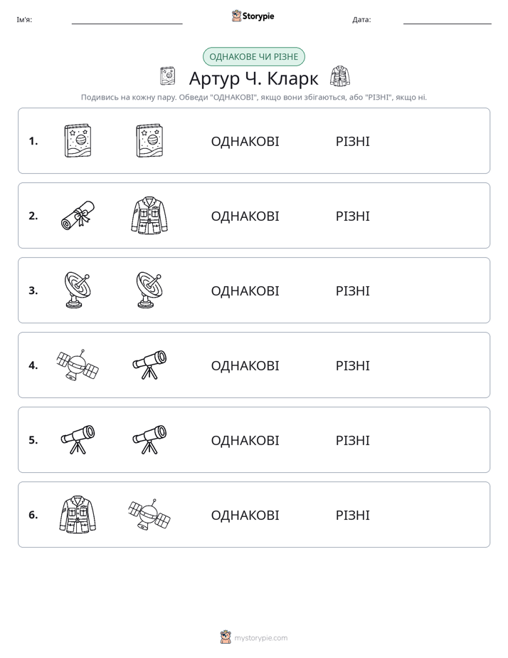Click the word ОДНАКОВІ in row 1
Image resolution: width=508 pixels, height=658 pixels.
coord(245,142)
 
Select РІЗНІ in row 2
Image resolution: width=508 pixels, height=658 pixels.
coord(352,216)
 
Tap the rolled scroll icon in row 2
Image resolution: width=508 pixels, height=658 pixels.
coord(78,215)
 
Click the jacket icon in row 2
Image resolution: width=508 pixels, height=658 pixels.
coord(149,215)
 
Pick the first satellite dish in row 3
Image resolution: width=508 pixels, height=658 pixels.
coord(78,290)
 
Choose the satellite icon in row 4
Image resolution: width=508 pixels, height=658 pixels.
coord(78,365)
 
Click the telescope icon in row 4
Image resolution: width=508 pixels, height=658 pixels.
coord(149,365)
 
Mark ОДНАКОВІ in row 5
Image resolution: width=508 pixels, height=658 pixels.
coord(245,441)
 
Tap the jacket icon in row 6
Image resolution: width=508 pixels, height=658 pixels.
coord(78,514)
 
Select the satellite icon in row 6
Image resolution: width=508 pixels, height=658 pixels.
coord(149,514)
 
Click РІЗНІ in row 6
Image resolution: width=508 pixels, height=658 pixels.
coord(352,516)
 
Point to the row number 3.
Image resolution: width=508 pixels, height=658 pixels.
coord(33,291)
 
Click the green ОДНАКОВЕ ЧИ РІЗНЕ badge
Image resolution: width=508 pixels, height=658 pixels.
coord(253,57)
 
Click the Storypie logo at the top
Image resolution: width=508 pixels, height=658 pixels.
coord(253,16)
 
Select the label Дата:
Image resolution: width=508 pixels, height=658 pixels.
coord(361,20)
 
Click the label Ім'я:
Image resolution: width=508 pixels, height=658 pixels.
coord(24,20)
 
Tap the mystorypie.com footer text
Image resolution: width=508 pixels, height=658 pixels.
coord(260,638)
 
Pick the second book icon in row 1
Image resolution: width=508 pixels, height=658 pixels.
coord(149,140)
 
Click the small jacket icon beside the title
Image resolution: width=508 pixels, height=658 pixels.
coord(340,76)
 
